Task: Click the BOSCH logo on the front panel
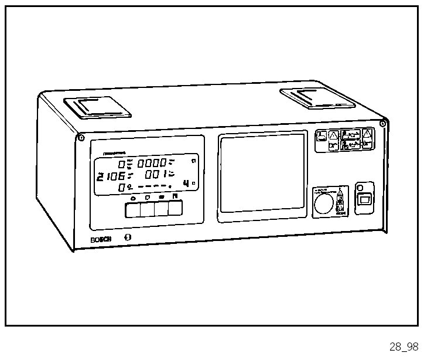click(101, 239)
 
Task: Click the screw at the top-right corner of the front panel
click(382, 123)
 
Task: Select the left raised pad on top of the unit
click(97, 107)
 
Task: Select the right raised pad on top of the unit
click(318, 97)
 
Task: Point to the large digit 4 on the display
click(186, 184)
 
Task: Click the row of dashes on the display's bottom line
click(151, 187)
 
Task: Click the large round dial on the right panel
click(322, 203)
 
